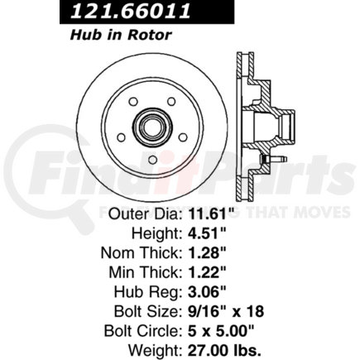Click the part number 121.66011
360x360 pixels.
tap(130, 11)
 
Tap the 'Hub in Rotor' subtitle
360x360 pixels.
tap(121, 36)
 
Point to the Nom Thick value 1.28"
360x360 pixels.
tap(207, 252)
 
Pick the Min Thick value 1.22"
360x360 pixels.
tap(207, 272)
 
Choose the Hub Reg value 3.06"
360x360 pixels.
tap(207, 292)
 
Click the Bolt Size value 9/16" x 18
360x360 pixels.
tap(226, 311)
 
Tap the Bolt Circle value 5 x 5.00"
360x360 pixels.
tap(221, 331)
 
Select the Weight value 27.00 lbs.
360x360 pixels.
tap(224, 350)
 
